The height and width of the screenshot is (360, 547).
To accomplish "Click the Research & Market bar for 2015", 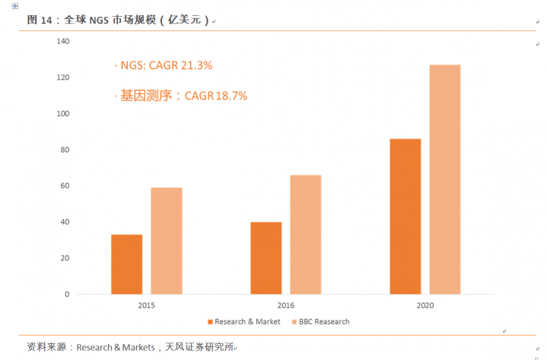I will tap(126, 264).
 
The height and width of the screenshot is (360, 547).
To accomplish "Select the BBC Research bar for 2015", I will tap(166, 241).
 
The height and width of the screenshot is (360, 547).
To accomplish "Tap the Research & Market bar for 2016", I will tap(266, 258).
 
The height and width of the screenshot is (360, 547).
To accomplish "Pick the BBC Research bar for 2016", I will tap(305, 234).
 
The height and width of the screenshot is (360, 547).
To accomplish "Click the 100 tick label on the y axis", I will tap(63, 114).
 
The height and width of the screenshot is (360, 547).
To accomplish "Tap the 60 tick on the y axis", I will tap(65, 186).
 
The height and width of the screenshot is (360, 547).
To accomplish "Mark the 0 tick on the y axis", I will tap(67, 294).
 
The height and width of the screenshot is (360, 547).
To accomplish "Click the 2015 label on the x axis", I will tap(147, 305).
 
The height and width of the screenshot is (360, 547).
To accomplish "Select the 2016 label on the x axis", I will tap(286, 305).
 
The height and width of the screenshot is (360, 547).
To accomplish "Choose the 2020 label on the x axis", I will tap(425, 305).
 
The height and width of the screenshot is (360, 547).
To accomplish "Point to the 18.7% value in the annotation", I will tap(231, 96).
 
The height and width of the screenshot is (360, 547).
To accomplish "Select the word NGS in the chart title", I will tap(99, 21).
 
